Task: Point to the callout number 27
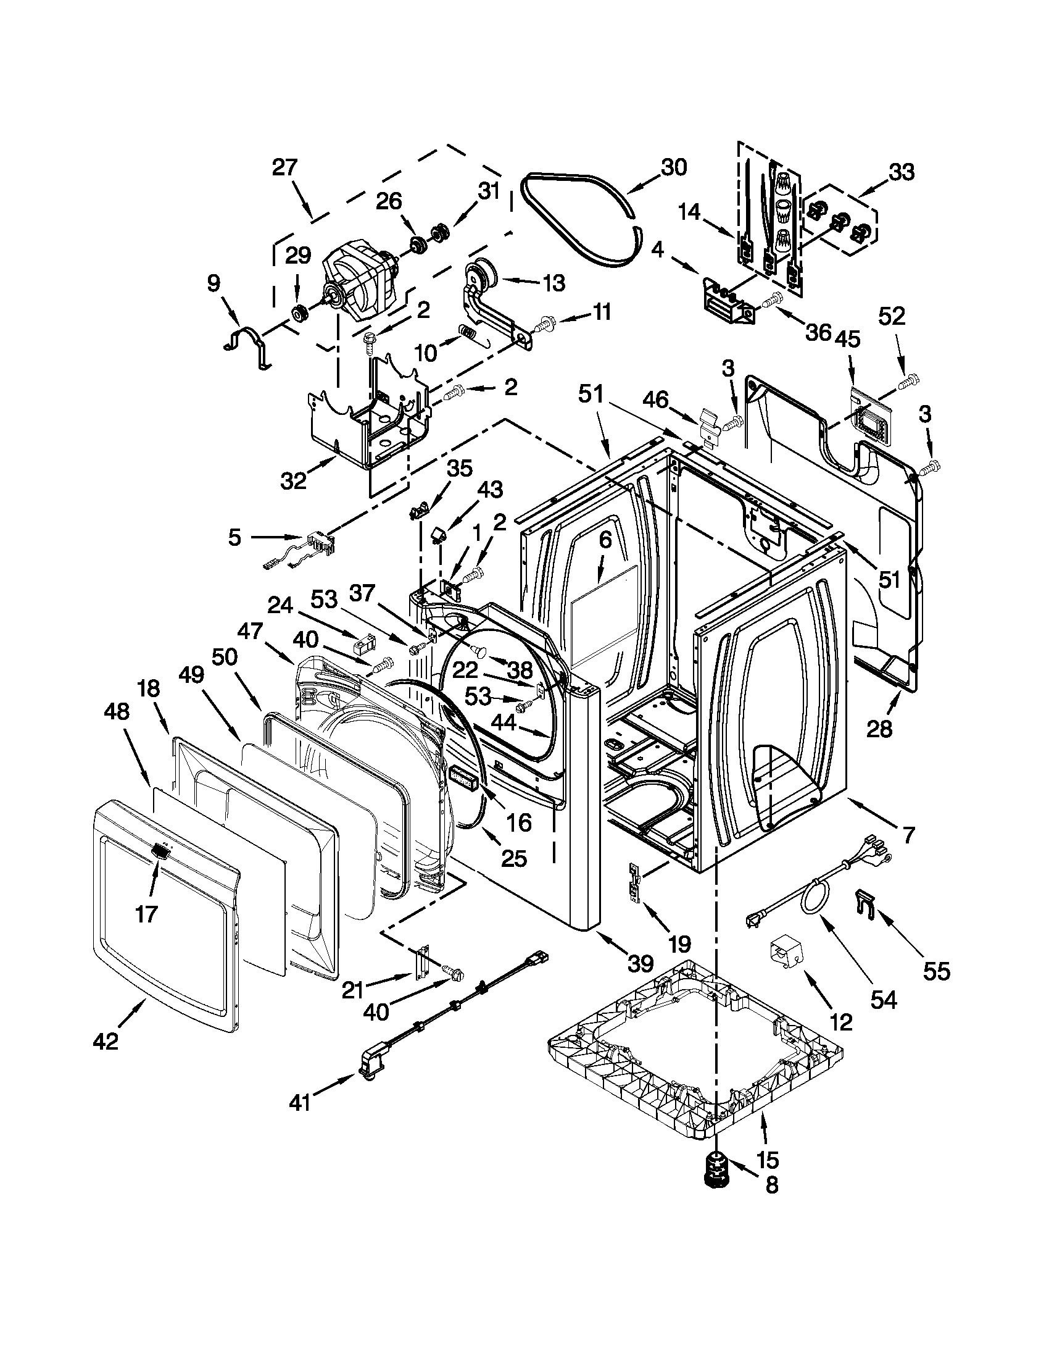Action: tap(286, 168)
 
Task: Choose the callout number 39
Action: tap(640, 964)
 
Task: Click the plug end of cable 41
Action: tap(368, 1070)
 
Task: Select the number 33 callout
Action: tap(901, 172)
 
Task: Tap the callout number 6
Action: tap(604, 541)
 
